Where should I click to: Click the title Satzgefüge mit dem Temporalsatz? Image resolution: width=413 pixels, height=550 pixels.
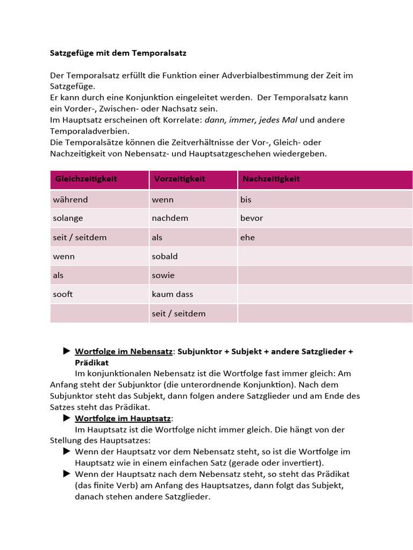tap(118, 53)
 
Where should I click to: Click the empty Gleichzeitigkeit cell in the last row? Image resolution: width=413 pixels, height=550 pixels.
tap(99, 313)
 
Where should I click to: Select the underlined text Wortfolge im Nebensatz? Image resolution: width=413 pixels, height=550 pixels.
tap(124, 351)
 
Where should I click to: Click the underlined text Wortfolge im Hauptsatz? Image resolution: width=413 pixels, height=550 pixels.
tap(123, 418)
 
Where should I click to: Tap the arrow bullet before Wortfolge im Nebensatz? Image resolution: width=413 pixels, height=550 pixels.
tap(67, 351)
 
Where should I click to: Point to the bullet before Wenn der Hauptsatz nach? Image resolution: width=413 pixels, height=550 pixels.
tap(67, 474)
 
